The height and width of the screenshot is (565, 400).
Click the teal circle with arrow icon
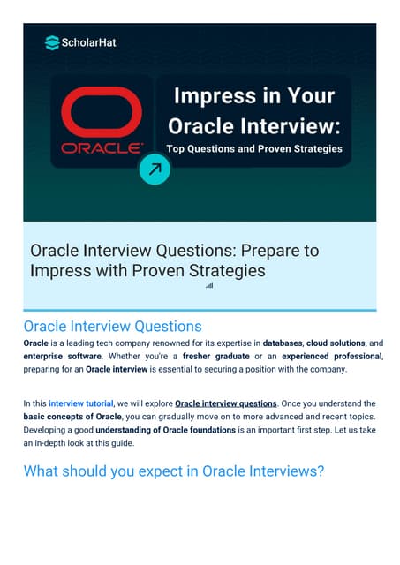tap(155, 169)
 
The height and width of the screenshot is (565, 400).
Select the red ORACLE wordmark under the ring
tap(101, 147)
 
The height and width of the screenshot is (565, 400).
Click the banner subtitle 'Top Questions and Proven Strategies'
tap(253, 148)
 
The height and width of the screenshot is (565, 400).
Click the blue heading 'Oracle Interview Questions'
tap(112, 327)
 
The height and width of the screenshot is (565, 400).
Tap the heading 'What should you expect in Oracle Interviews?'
tap(174, 471)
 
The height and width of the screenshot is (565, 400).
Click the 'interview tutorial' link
tap(81, 403)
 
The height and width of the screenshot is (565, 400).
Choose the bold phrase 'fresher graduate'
tap(217, 356)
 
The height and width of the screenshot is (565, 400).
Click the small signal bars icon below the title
tap(209, 285)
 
